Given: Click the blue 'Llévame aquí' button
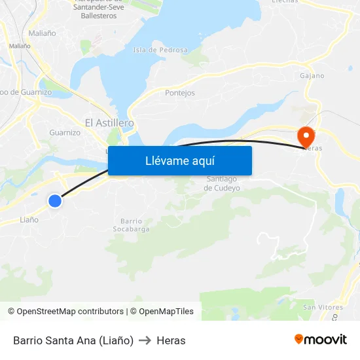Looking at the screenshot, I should click(180, 160).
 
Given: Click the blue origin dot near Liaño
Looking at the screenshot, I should click(55, 201).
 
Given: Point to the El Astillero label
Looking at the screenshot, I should click(109, 122).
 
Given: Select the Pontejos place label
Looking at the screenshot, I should click(180, 93).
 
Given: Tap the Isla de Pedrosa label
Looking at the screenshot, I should click(160, 50).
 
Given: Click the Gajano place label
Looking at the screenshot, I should click(312, 75).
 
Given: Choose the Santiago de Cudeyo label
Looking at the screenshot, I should click(223, 183).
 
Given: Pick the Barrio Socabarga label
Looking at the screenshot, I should click(135, 225).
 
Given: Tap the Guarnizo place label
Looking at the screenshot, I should click(65, 133).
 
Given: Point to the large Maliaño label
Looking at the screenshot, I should click(43, 33).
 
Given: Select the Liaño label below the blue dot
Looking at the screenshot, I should click(29, 220).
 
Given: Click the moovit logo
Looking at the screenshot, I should click(321, 339).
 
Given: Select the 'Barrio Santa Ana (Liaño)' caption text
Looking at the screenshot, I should click(73, 340).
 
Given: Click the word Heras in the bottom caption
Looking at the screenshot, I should click(171, 340).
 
